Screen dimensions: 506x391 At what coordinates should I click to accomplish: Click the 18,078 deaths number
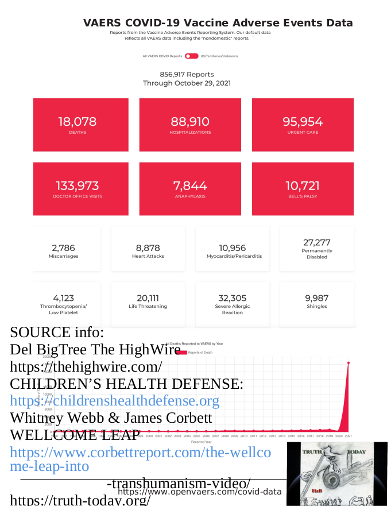point(77,122)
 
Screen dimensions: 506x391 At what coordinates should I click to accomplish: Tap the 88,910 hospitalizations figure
point(190,122)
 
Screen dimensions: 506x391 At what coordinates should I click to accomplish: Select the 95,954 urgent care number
point(303,122)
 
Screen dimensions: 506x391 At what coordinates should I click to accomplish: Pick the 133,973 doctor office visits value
point(77,186)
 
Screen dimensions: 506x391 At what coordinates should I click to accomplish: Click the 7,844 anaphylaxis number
point(190,186)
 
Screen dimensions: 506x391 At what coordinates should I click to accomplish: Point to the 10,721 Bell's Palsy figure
point(303,186)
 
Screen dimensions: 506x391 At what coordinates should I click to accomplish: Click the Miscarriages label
point(63,256)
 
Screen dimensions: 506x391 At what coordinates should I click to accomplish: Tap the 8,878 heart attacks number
point(148,248)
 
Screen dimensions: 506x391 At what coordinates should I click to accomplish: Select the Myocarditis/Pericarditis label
point(234,256)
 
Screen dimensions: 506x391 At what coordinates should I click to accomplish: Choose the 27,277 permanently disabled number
point(316,242)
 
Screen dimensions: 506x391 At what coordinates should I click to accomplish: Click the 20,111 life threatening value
point(148,298)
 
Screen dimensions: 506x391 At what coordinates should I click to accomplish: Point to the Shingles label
point(316,306)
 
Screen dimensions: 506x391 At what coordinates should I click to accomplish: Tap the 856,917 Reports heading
point(187,75)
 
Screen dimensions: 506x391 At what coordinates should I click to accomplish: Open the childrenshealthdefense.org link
point(115,400)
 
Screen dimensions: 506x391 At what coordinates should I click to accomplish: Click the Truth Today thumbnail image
point(336,473)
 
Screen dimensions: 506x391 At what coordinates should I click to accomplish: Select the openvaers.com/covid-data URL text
point(199,492)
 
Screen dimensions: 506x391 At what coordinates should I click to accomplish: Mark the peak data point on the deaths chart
point(349,362)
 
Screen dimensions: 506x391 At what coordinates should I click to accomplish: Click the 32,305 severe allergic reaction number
point(233,298)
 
